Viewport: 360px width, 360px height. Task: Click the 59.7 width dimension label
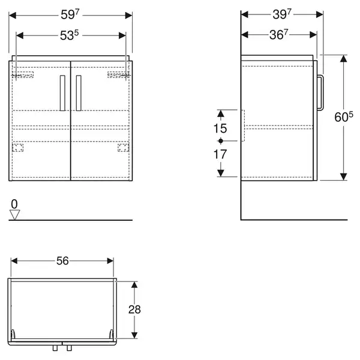click(70, 15)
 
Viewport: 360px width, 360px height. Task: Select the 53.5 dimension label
click(70, 35)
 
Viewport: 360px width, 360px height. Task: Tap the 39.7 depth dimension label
click(282, 14)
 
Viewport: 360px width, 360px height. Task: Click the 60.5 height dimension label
click(344, 116)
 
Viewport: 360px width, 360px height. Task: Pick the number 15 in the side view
click(220, 128)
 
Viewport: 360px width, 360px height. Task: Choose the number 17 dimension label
click(220, 154)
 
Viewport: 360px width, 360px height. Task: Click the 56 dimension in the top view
click(62, 261)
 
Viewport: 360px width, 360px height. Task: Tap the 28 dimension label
click(134, 310)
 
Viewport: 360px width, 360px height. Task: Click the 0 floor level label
click(14, 204)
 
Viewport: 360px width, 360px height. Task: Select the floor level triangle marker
click(14, 215)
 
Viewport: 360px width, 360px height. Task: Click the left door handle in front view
click(62, 93)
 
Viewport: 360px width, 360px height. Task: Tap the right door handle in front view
click(79, 93)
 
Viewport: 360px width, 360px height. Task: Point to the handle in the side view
click(320, 92)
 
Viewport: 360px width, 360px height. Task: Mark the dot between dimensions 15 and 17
click(221, 141)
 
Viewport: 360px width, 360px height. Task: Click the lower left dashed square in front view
click(17, 148)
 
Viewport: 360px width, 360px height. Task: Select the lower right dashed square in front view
click(123, 148)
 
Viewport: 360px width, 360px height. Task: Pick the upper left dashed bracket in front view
click(23, 75)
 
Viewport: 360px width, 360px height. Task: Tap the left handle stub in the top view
click(55, 348)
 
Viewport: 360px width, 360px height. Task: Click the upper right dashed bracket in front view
click(118, 75)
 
